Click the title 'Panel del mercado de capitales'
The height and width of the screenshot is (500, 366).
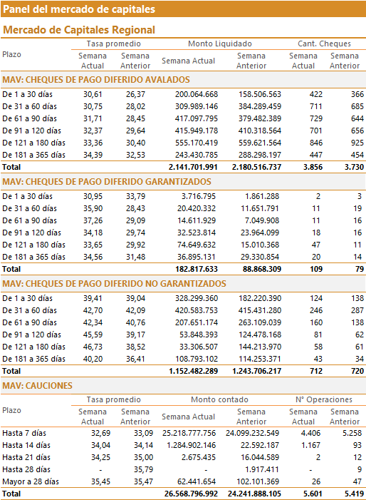(x=79, y=9)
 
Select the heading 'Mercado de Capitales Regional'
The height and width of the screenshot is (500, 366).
(x=79, y=30)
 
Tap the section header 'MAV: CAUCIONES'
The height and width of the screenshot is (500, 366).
(x=37, y=386)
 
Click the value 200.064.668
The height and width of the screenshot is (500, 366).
(x=197, y=94)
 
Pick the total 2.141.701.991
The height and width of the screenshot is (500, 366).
(x=193, y=167)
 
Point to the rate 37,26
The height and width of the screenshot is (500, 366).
(x=93, y=220)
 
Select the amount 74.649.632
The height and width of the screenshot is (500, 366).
(x=197, y=245)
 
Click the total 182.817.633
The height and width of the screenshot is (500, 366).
(x=197, y=269)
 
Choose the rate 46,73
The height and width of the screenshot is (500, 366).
(x=93, y=347)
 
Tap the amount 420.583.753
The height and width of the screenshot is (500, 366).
(x=197, y=310)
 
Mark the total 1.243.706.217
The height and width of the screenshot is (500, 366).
(x=256, y=371)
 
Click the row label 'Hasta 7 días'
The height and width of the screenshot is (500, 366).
(x=24, y=433)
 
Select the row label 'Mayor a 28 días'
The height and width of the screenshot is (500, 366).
(x=31, y=481)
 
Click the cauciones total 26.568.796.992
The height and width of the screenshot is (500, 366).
(x=191, y=494)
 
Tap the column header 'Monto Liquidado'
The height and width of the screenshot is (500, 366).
(x=220, y=44)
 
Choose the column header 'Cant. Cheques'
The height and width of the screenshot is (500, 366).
(x=324, y=44)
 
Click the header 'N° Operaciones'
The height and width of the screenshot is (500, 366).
(x=324, y=399)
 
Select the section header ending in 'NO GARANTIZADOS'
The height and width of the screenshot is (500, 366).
(x=114, y=283)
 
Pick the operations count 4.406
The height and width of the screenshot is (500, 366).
(x=310, y=433)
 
